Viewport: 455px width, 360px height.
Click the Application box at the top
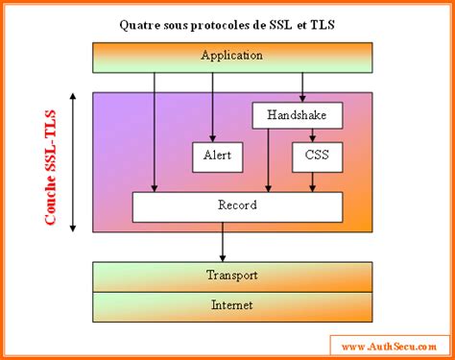click(231, 57)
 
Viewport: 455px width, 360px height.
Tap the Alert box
click(218, 156)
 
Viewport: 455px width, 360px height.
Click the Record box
click(236, 206)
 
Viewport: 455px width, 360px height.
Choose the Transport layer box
click(231, 276)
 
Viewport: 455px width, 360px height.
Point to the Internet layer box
click(231, 306)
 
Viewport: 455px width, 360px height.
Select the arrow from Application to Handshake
click(303, 86)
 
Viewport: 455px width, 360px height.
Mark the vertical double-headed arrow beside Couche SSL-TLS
click(74, 162)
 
